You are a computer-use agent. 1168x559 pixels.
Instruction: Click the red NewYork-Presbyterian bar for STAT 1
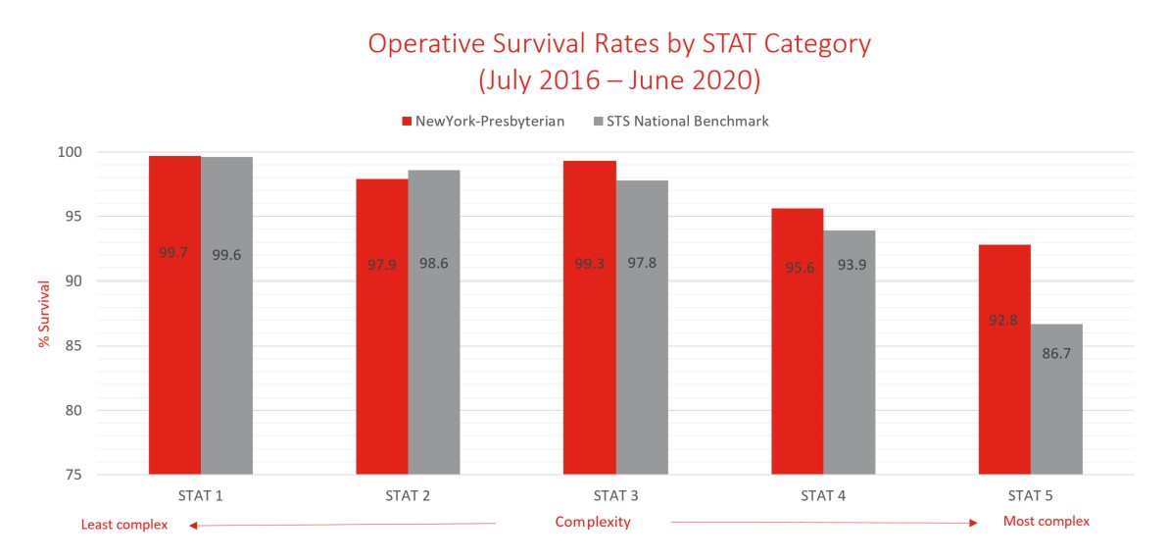[x=174, y=315]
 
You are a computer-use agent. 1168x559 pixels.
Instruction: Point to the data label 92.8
[x=1004, y=320]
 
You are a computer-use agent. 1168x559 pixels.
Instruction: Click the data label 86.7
[x=1056, y=351]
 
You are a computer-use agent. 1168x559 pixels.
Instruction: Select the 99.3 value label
[x=590, y=264]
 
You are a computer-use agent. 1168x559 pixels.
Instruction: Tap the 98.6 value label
[x=434, y=264]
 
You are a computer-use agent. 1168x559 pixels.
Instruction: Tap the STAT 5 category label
[x=1031, y=495]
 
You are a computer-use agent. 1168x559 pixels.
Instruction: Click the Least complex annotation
[x=124, y=525]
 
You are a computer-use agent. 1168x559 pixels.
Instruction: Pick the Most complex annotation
[x=1046, y=521]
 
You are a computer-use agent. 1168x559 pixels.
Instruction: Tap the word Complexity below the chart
[x=593, y=522]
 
